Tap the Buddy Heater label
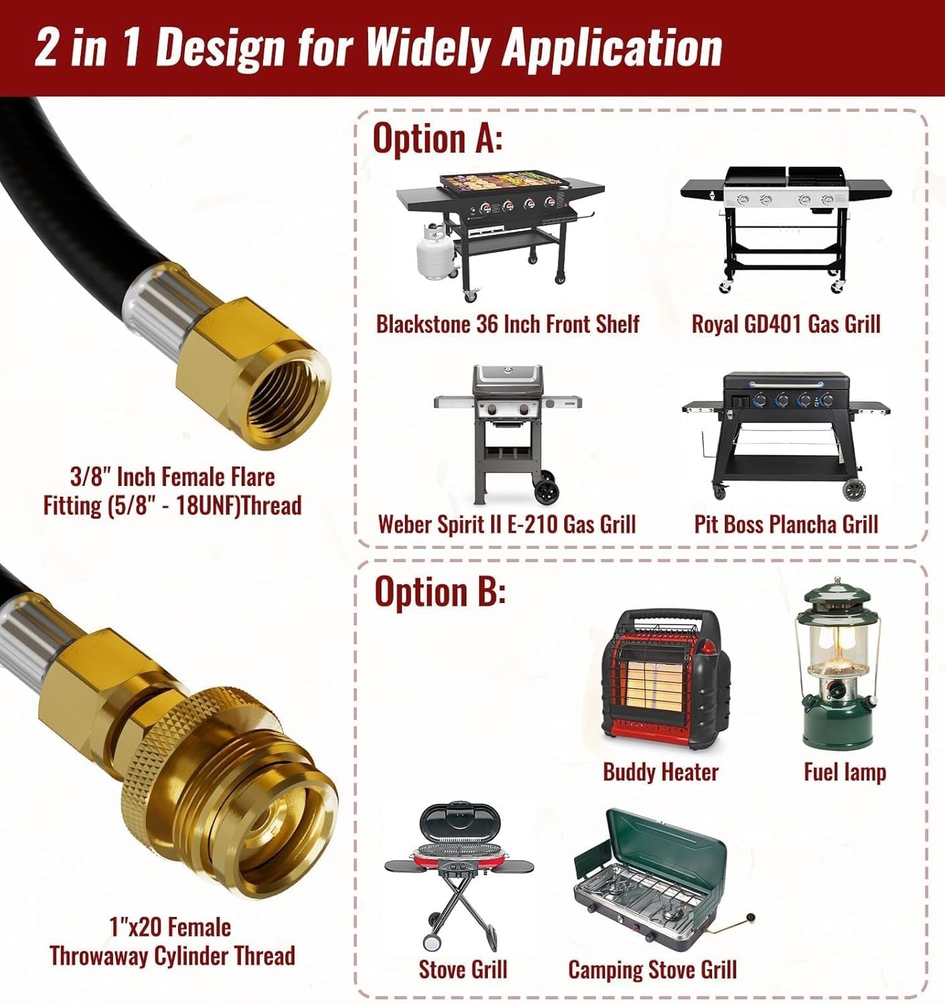[661, 772]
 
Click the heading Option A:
[438, 137]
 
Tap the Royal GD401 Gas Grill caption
[786, 323]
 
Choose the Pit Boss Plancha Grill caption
[786, 523]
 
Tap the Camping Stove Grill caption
[653, 970]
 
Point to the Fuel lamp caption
[845, 772]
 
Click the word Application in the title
[612, 48]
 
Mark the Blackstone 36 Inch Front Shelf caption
[508, 323]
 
